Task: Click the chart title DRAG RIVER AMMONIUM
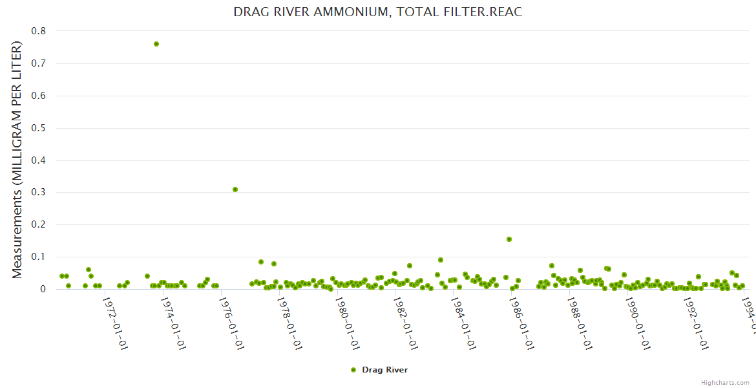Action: pos(377,12)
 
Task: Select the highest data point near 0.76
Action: pos(156,44)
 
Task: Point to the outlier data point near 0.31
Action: pos(235,189)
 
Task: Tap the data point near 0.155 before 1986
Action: pos(509,239)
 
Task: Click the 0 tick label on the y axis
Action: pos(43,289)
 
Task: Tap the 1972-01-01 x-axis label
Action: pos(116,315)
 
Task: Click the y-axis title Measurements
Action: pos(17,160)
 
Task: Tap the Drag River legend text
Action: pos(384,370)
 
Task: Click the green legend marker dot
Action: pos(353,370)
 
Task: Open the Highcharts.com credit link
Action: pos(725,382)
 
